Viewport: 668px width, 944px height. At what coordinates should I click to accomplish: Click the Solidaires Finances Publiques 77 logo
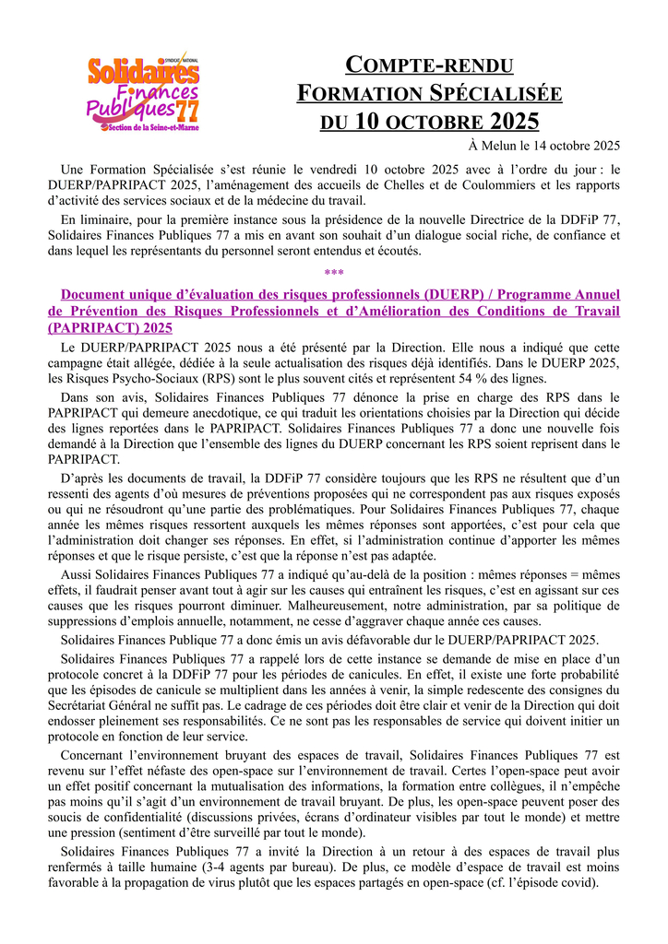143,92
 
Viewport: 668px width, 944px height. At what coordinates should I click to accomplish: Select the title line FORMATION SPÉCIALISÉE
429,93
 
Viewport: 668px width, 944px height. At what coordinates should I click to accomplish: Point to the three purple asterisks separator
334,274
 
